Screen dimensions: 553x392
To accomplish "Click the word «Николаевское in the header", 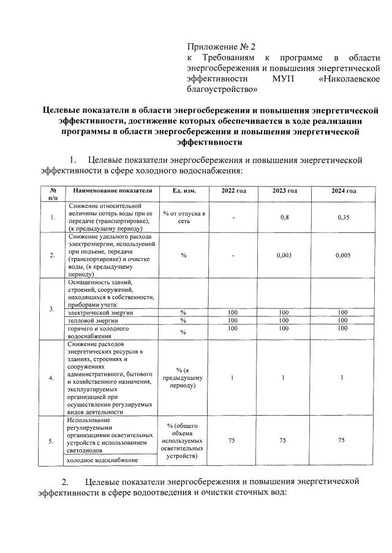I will [x=349, y=79].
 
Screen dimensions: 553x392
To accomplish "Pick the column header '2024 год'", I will [x=344, y=191].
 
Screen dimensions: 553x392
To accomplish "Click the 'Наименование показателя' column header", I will [x=110, y=191].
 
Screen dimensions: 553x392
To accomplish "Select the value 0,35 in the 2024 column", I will [x=344, y=216].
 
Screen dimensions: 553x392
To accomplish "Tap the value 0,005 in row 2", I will [x=344, y=255].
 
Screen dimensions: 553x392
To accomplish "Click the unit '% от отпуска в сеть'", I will [x=184, y=216].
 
